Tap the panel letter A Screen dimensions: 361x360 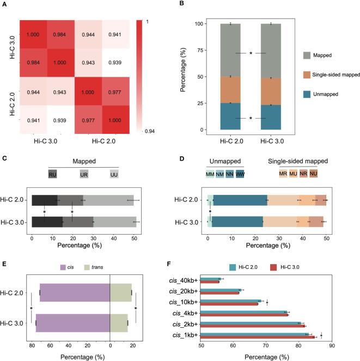[5, 5]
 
